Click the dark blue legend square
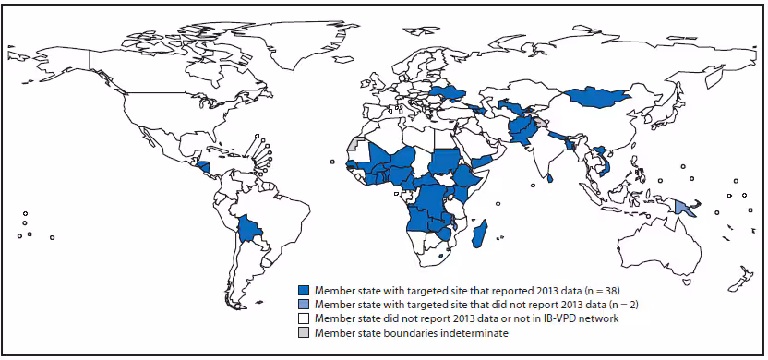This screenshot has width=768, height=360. (303, 288)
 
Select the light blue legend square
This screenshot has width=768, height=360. (303, 303)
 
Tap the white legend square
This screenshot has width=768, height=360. (303, 318)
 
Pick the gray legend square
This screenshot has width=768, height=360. (303, 332)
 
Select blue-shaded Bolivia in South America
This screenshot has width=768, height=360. (248, 228)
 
